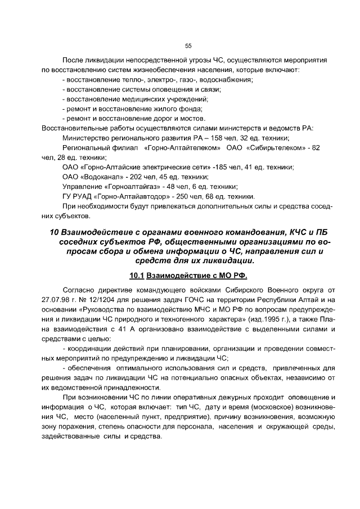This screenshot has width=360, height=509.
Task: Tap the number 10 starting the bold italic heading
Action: click(54, 232)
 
